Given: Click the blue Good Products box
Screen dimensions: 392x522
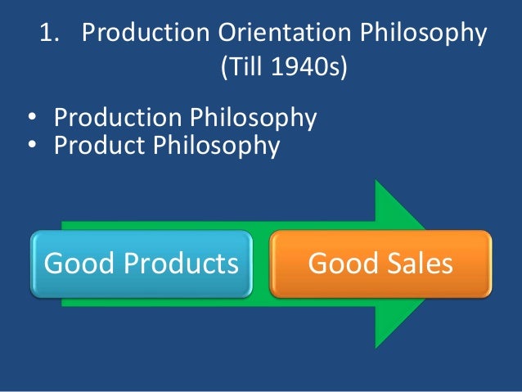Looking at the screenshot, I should pyautogui.click(x=141, y=264).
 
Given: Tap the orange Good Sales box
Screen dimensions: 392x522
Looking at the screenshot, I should pyautogui.click(x=380, y=264).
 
